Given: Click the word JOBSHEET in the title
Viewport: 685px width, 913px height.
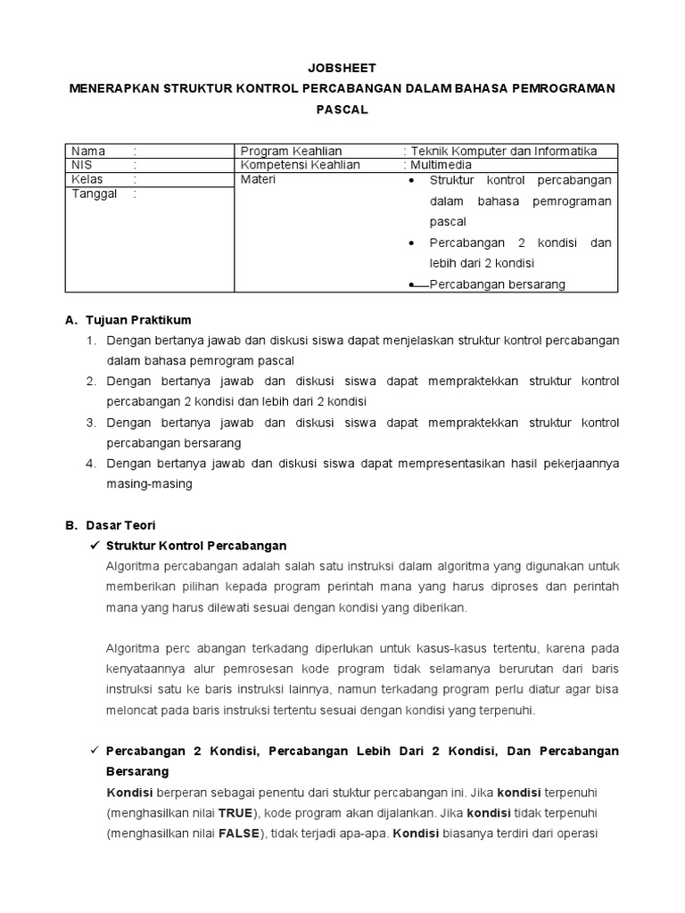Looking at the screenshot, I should pos(342,68).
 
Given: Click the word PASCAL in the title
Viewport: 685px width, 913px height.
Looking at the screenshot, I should pos(342,110).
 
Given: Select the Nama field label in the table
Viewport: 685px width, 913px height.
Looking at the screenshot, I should pos(88,151).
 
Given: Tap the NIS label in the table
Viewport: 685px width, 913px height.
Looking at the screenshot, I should pos(81,165).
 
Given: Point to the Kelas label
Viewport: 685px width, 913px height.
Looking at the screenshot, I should pos(87,179).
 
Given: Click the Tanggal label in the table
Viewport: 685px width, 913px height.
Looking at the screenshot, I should pos(94,193).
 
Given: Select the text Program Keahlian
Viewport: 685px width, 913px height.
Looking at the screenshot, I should pos(292,151).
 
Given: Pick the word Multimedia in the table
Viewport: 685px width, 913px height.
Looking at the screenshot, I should pos(441,165).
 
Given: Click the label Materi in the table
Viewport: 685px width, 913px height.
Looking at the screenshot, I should pos(259,179).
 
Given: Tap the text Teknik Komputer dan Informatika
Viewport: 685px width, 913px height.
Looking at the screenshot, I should pos(503,151).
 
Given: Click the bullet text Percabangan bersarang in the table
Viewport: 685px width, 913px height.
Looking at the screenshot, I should pos(497,284).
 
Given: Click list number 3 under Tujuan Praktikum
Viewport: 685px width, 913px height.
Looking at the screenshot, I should pos(90,422).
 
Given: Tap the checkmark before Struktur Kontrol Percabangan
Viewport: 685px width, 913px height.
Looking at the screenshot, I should pos(94,546).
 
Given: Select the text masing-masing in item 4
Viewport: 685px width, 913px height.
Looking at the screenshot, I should pos(149,483).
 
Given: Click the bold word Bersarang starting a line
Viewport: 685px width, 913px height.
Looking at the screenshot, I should pos(136,770).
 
